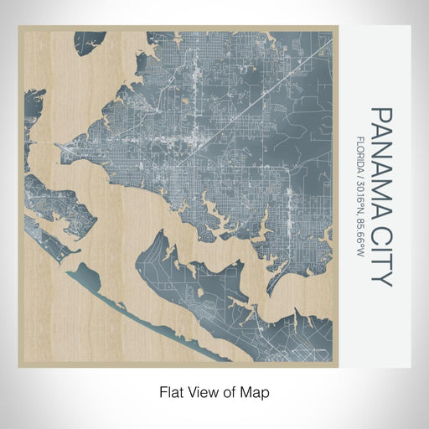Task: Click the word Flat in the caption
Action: [170, 391]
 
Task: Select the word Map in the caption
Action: [257, 391]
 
